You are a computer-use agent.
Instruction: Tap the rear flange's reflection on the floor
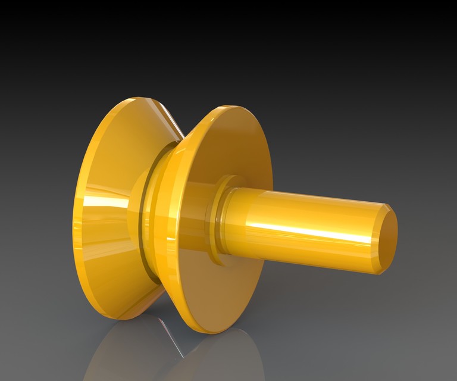(119, 357)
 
